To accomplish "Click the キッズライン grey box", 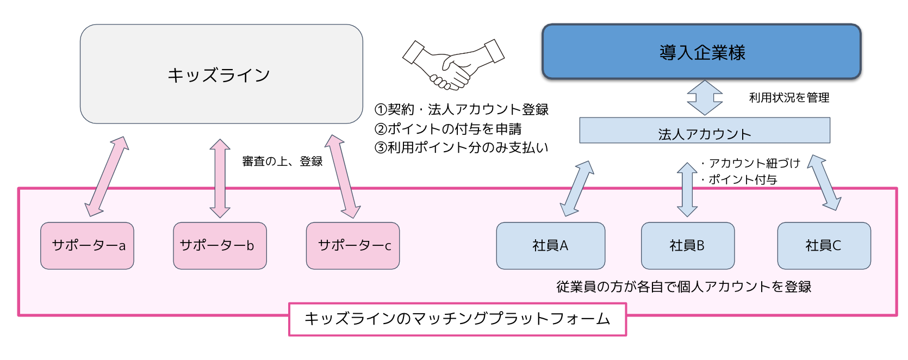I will click(x=221, y=74).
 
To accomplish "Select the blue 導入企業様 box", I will click(x=701, y=52).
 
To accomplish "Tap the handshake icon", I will click(x=453, y=64).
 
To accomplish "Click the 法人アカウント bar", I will click(x=704, y=131).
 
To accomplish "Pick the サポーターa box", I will click(x=88, y=246).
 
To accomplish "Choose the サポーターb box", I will click(x=220, y=246).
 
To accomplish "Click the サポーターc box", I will click(x=353, y=246).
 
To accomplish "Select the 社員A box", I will click(x=550, y=246).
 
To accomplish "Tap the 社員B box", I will click(x=687, y=246).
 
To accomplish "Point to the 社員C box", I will click(x=823, y=246).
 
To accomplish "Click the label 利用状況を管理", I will click(x=789, y=98).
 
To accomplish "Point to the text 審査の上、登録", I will click(x=282, y=162).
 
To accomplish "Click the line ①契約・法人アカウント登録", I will click(x=461, y=110).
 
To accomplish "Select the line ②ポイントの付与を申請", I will click(x=447, y=129).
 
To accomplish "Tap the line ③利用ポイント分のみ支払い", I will click(x=461, y=148).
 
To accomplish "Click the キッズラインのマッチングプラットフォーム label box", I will click(x=457, y=319).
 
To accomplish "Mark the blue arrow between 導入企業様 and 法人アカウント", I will click(x=705, y=98).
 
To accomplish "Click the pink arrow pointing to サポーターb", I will click(x=220, y=178).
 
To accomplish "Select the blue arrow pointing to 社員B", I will click(x=687, y=189).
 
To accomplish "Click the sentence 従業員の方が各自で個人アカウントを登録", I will click(x=683, y=287).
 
